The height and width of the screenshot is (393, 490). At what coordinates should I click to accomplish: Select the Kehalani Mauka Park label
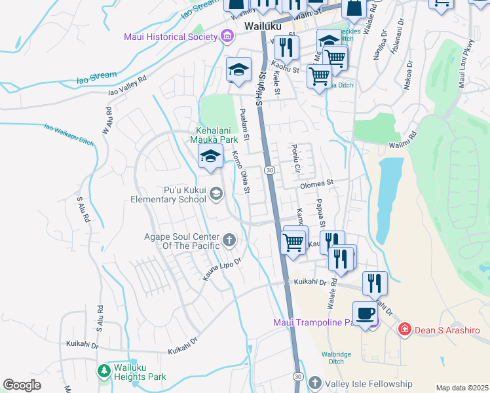pos(214,134)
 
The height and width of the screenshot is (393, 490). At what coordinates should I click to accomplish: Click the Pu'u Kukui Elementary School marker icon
pos(217,193)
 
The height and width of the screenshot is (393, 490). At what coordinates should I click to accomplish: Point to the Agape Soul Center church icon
pos(229,240)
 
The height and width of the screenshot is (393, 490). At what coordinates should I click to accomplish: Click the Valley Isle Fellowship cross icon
pos(315,383)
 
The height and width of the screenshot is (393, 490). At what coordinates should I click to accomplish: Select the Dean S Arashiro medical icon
pos(404,328)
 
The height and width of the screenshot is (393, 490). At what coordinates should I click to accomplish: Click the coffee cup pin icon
pos(365,312)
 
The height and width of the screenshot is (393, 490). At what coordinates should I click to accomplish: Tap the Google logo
pos(22,385)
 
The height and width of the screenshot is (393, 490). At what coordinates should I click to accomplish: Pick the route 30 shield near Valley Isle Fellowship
pos(298,377)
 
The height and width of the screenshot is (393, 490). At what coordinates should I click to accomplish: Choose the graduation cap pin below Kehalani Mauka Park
pos(210,156)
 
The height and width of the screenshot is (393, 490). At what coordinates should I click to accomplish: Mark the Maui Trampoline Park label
pos(313,322)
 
